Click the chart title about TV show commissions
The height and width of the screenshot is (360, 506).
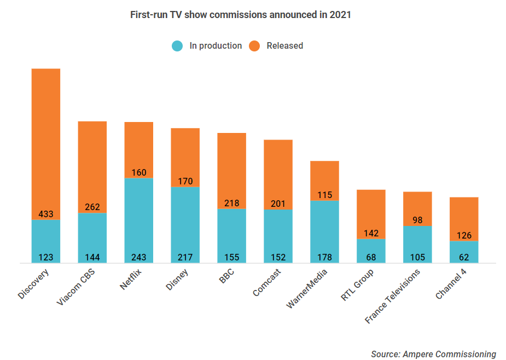coord(240,15)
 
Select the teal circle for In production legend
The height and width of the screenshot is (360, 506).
coord(177,46)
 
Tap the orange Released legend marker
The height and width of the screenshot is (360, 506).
coord(254,46)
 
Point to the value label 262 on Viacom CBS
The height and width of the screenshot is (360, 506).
coord(92,207)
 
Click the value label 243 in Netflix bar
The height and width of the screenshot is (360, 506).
coord(139,257)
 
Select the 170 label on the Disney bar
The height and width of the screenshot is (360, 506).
coord(185,181)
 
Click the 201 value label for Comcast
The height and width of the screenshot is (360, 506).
coord(278,204)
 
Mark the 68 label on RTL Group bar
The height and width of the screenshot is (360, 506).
coord(371,257)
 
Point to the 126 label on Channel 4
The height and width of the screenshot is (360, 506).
coord(464,235)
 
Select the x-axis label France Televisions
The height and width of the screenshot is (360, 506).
coord(392,296)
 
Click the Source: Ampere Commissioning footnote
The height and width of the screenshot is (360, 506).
coord(433,354)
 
